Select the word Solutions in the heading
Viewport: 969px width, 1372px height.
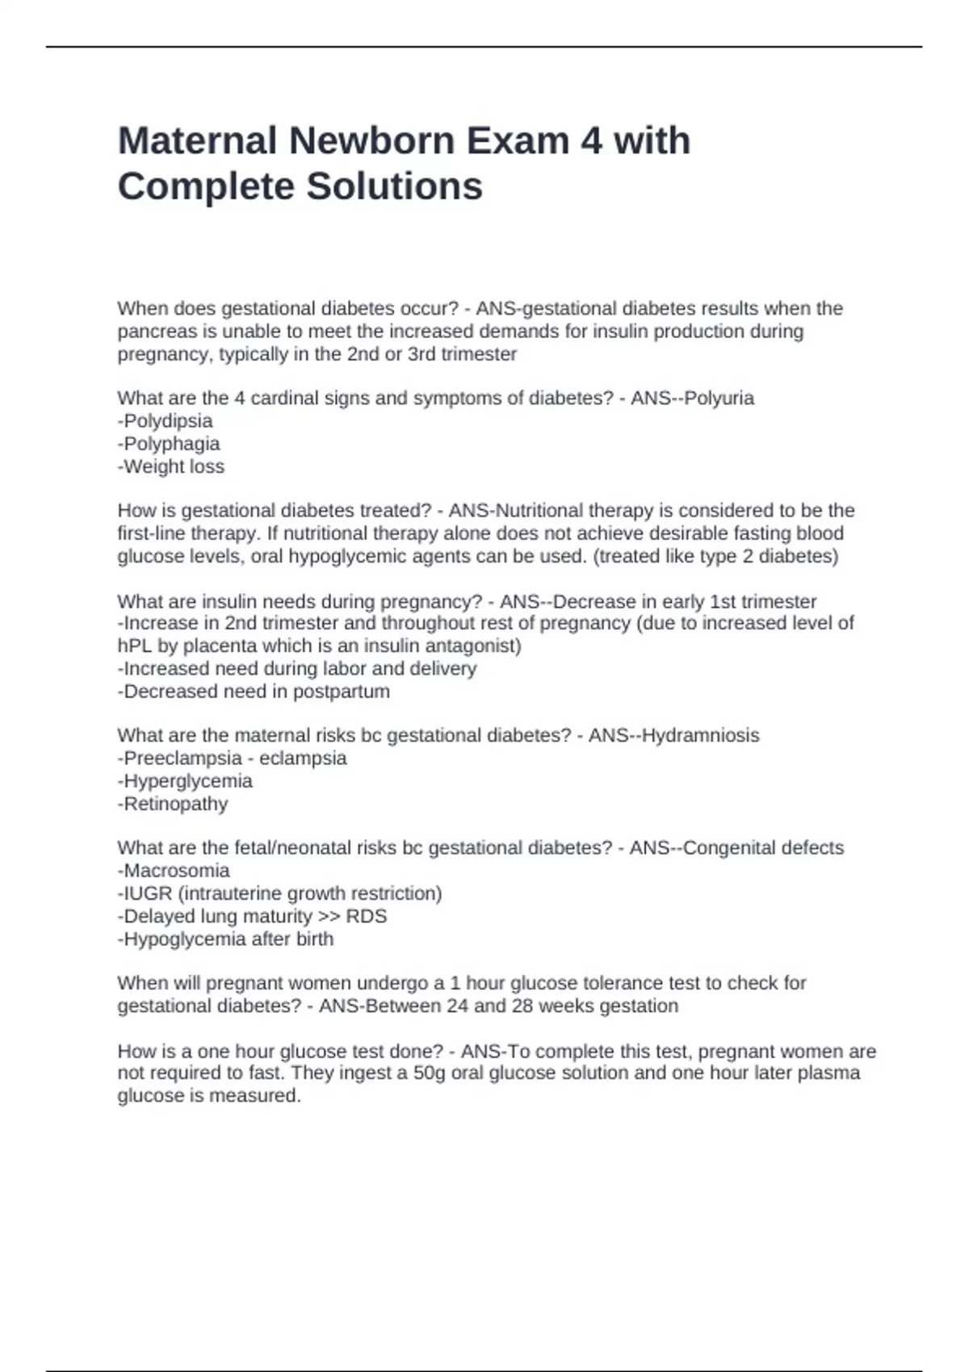393,186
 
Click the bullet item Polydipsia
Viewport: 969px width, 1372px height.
168,421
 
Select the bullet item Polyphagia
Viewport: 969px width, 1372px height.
171,444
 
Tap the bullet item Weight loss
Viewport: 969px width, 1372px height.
174,466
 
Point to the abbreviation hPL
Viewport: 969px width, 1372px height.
133,646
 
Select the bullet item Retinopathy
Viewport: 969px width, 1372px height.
175,804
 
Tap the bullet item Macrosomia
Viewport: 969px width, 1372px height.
176,871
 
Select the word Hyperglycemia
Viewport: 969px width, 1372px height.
187,781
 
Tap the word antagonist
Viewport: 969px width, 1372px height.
473,646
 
